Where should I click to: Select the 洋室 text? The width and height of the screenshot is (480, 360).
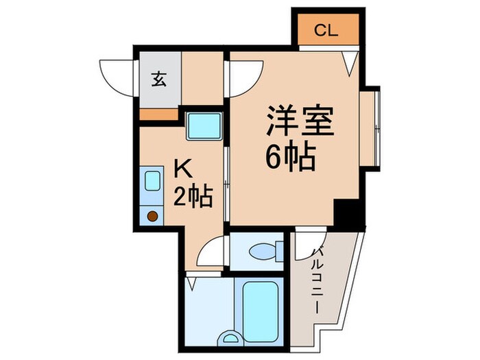click(x=300, y=124)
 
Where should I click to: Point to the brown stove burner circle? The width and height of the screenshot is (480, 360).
click(x=153, y=216)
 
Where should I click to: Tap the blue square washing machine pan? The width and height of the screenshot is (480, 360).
click(x=204, y=126)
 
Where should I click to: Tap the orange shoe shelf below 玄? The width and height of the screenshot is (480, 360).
click(x=158, y=114)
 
